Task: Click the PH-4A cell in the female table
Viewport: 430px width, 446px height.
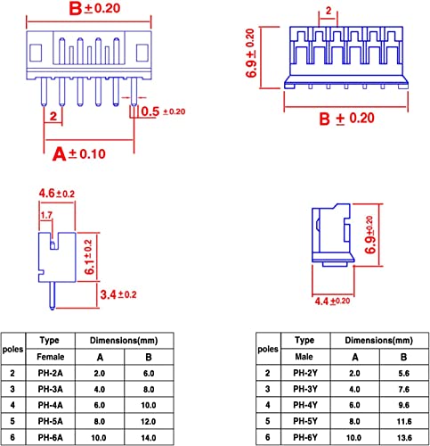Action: pyautogui.click(x=50, y=405)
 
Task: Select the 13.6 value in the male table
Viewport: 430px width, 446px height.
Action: pyautogui.click(x=404, y=437)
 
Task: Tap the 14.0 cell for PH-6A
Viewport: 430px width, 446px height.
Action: pyautogui.click(x=149, y=438)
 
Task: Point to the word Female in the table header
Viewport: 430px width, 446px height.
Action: pyautogui.click(x=51, y=357)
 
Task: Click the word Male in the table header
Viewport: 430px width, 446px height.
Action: pyautogui.click(x=304, y=357)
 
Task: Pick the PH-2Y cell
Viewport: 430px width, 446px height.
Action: pyautogui.click(x=305, y=373)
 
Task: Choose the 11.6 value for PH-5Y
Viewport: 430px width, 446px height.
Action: pyautogui.click(x=404, y=421)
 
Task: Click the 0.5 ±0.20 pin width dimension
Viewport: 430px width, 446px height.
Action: pyautogui.click(x=163, y=111)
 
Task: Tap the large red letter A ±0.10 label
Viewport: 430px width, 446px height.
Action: pyautogui.click(x=79, y=154)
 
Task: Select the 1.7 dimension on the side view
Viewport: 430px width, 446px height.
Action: pyautogui.click(x=46, y=215)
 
